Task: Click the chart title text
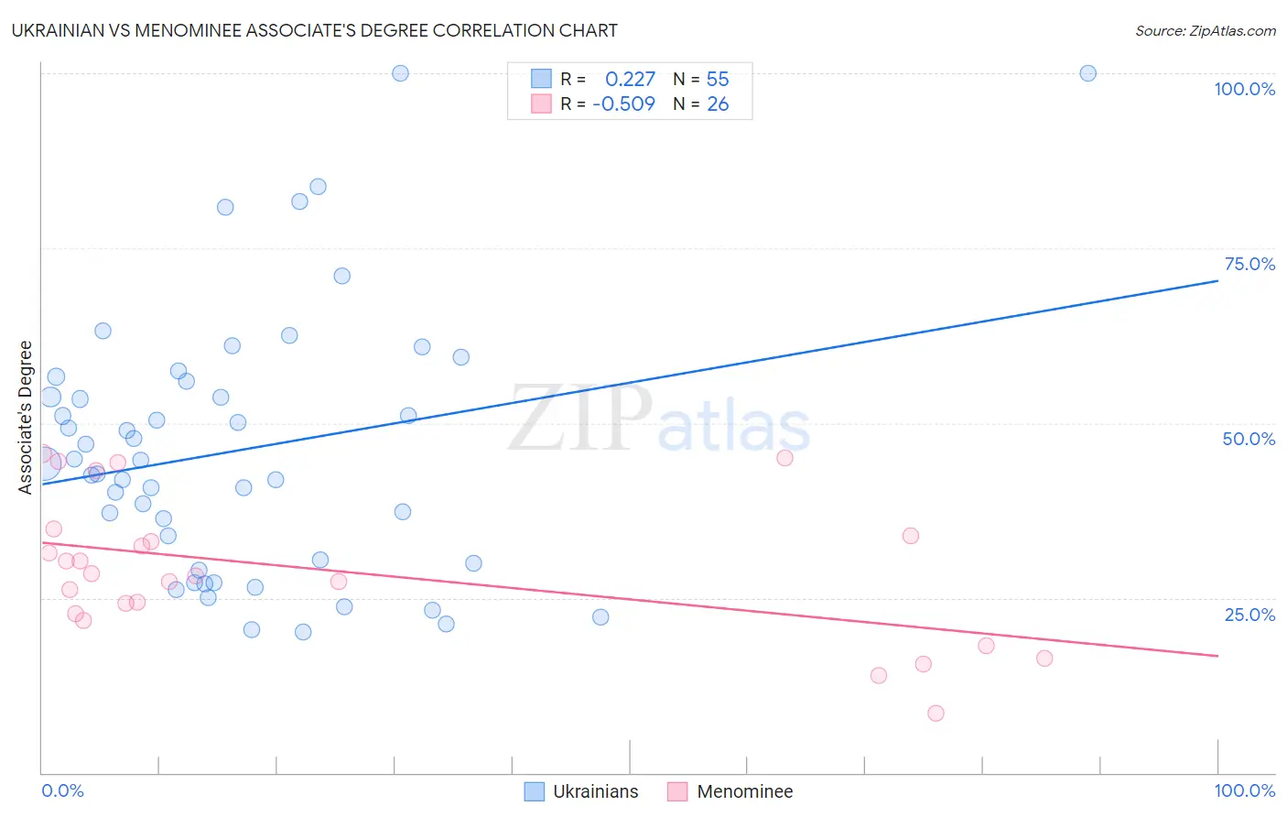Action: (x=314, y=30)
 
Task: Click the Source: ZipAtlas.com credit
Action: (x=1205, y=30)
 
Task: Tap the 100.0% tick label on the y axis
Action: (x=1244, y=89)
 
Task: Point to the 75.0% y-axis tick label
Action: (x=1249, y=264)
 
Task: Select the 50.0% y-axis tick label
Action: (x=1249, y=439)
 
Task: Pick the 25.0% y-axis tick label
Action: (x=1249, y=614)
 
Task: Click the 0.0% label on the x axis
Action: (x=62, y=790)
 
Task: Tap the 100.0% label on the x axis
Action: (x=1244, y=790)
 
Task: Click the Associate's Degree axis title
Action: (x=26, y=417)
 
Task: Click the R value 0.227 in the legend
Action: (x=630, y=79)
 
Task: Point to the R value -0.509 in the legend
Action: (x=623, y=103)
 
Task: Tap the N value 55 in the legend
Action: (x=718, y=79)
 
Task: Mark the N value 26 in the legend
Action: (x=718, y=103)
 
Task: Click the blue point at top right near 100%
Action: (x=1087, y=73)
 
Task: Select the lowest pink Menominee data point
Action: (x=936, y=713)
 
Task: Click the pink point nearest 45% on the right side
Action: (x=784, y=458)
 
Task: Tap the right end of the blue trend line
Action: (x=1217, y=281)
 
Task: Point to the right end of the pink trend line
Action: (x=1217, y=656)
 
